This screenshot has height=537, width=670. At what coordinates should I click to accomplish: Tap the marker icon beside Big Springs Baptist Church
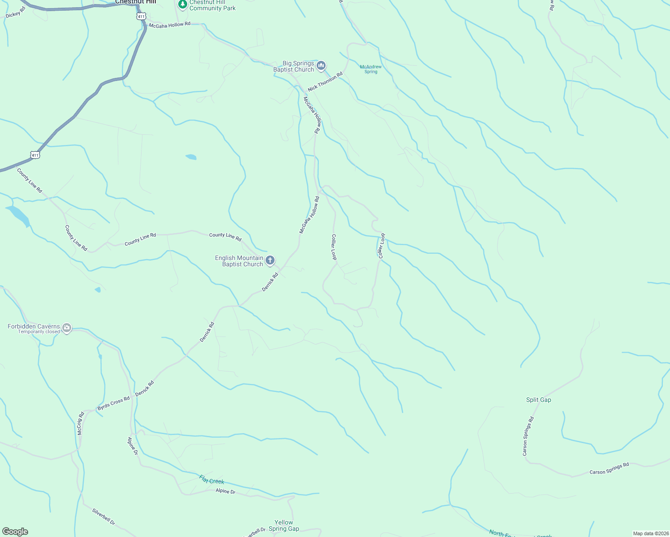click(321, 66)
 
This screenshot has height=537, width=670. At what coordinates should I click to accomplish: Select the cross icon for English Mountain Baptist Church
click(270, 260)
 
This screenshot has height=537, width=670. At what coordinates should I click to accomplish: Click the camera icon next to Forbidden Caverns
click(67, 328)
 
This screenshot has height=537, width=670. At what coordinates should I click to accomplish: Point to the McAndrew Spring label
click(371, 69)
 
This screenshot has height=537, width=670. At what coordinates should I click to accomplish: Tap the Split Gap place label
click(538, 400)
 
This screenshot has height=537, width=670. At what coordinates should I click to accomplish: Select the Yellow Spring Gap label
click(283, 525)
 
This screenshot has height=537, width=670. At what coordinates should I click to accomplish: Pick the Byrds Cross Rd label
click(113, 403)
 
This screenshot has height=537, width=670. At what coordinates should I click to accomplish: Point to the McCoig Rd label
click(81, 423)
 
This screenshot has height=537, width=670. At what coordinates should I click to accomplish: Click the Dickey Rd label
click(16, 13)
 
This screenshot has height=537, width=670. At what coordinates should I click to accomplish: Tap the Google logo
click(15, 531)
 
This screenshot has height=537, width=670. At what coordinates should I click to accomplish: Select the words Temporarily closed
click(39, 332)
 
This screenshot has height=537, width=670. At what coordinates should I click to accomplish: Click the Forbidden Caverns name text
click(34, 326)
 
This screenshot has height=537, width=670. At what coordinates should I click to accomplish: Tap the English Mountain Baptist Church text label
click(239, 261)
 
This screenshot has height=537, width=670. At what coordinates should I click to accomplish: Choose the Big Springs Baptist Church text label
click(294, 66)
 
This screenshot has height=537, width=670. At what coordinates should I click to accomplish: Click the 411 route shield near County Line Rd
click(35, 155)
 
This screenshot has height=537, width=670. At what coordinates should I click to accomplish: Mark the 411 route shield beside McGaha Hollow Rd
click(142, 17)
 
